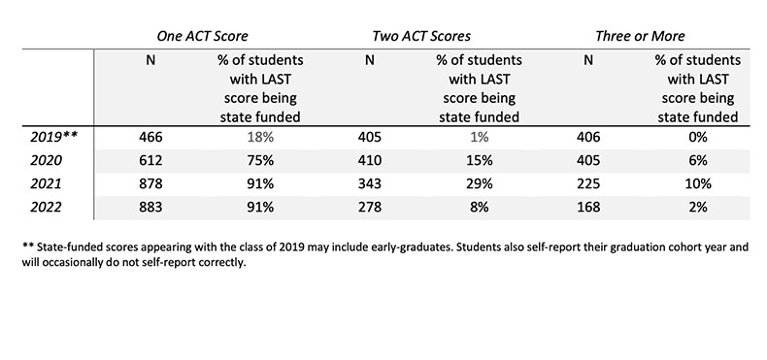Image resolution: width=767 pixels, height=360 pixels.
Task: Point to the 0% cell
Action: click(x=696, y=138)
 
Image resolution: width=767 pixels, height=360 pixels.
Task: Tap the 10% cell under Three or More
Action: click(x=696, y=183)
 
